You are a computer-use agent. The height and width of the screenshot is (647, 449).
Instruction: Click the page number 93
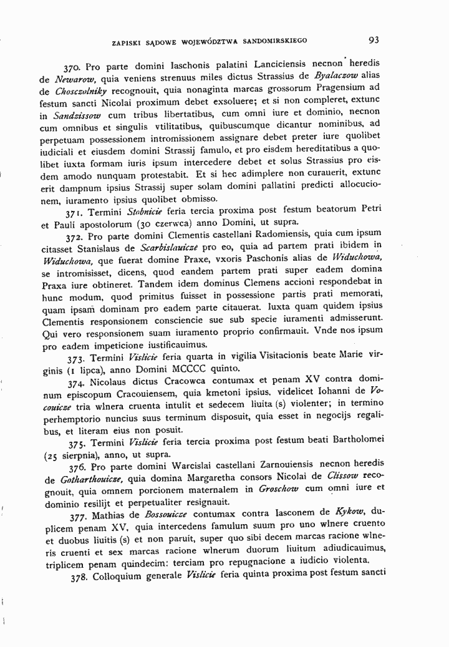374,41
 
